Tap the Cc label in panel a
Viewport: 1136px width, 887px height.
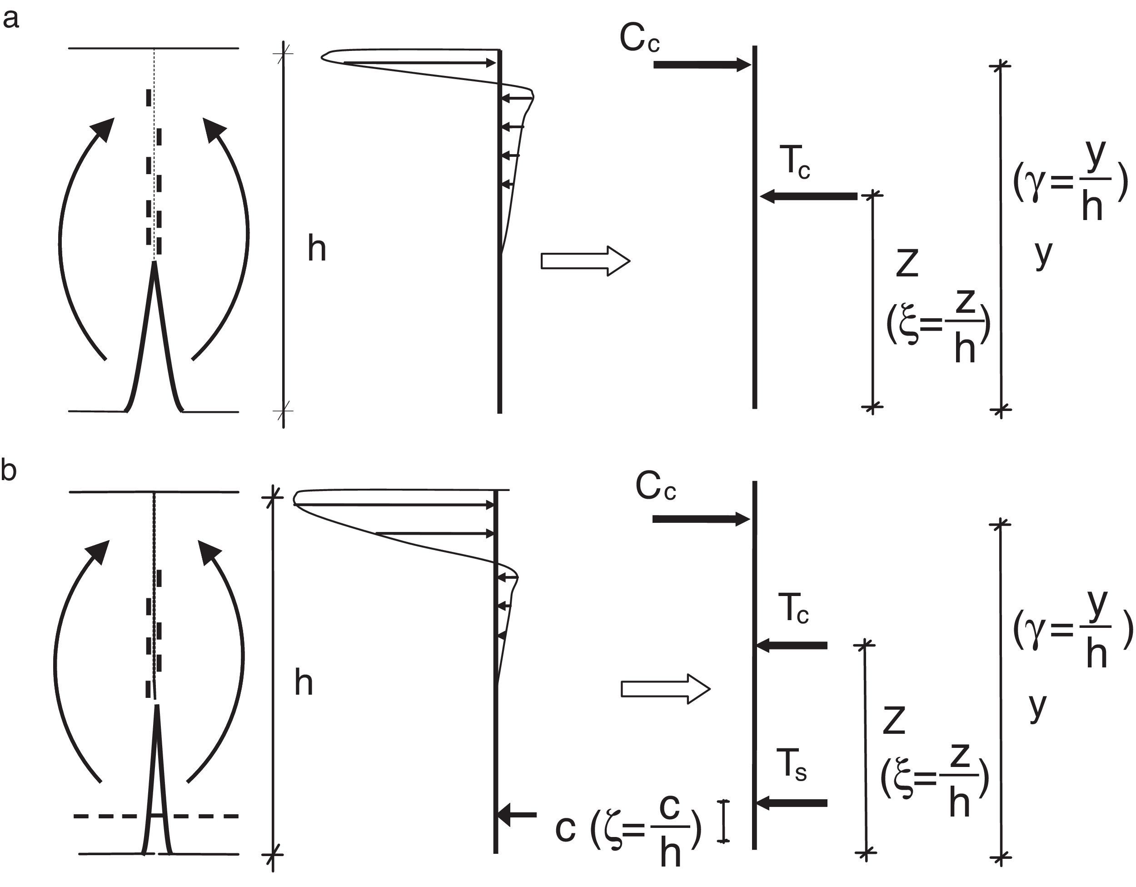639,39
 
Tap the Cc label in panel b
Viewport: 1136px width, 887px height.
655,487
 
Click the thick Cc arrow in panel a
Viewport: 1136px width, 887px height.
702,65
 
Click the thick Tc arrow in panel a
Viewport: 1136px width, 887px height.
809,196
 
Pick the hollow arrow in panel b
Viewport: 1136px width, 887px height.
666,689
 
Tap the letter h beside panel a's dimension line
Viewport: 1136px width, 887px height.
317,249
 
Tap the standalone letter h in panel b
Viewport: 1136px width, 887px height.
304,683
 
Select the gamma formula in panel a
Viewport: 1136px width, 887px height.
1071,181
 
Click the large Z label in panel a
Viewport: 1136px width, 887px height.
907,263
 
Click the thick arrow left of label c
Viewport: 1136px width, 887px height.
517,815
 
